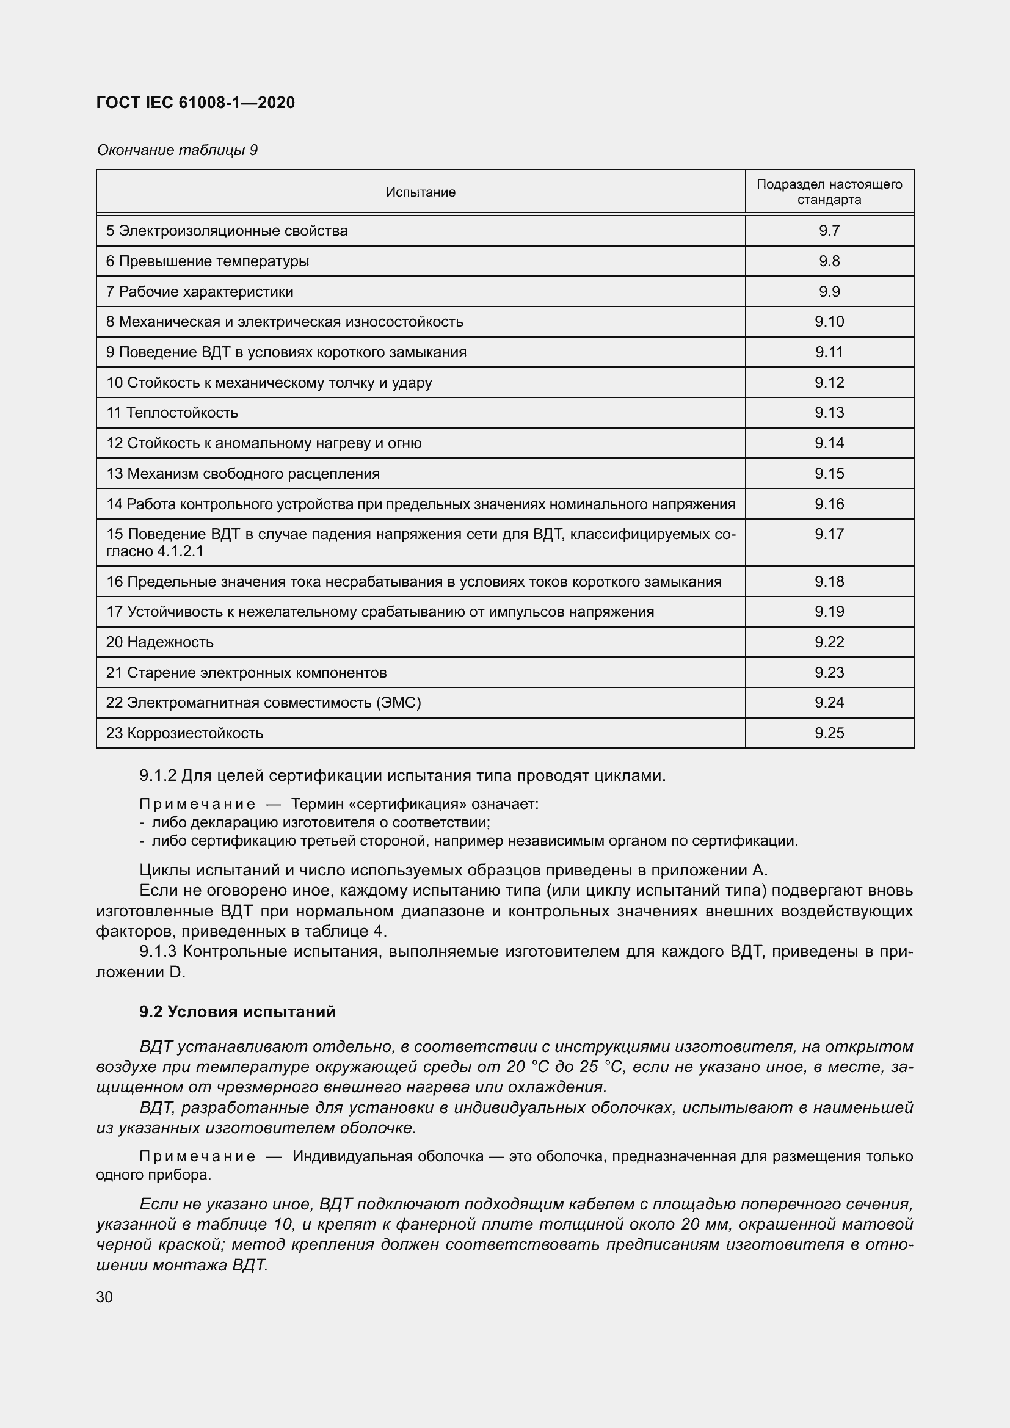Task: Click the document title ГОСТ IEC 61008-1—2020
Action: coord(195,103)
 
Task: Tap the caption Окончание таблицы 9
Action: coord(176,150)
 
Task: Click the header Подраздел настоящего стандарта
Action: coord(829,192)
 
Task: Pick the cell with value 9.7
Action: coord(829,231)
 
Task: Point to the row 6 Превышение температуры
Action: coord(208,261)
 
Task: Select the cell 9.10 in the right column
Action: coord(829,322)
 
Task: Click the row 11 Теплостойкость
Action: coord(172,412)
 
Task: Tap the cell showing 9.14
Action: coord(829,443)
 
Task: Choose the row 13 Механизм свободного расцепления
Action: coord(242,473)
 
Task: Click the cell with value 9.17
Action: coord(829,534)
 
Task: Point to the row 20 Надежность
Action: coord(160,642)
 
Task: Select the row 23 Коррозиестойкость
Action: coord(184,733)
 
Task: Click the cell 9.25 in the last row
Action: coord(829,733)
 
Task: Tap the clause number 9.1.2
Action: coord(158,775)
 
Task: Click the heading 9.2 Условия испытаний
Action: coord(237,1011)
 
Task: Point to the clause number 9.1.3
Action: coord(158,951)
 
